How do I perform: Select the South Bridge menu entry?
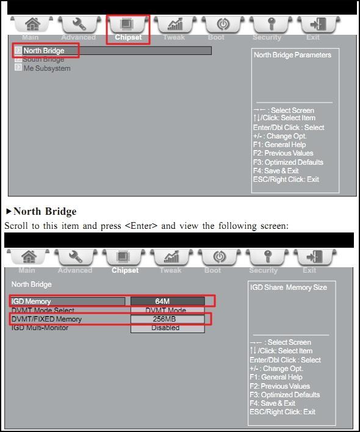click(43, 59)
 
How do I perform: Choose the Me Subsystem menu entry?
click(47, 68)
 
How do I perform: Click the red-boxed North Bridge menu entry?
click(43, 51)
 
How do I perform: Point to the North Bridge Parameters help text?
click(292, 55)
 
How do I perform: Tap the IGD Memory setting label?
click(31, 301)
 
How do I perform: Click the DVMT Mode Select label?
click(43, 310)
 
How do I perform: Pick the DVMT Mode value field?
click(166, 310)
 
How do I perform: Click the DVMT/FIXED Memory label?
click(46, 319)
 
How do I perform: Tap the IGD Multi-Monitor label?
click(40, 328)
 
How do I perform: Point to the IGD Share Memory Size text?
click(289, 287)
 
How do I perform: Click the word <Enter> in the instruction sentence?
click(141, 226)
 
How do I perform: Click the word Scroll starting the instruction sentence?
click(16, 226)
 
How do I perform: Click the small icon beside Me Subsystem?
click(18, 68)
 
